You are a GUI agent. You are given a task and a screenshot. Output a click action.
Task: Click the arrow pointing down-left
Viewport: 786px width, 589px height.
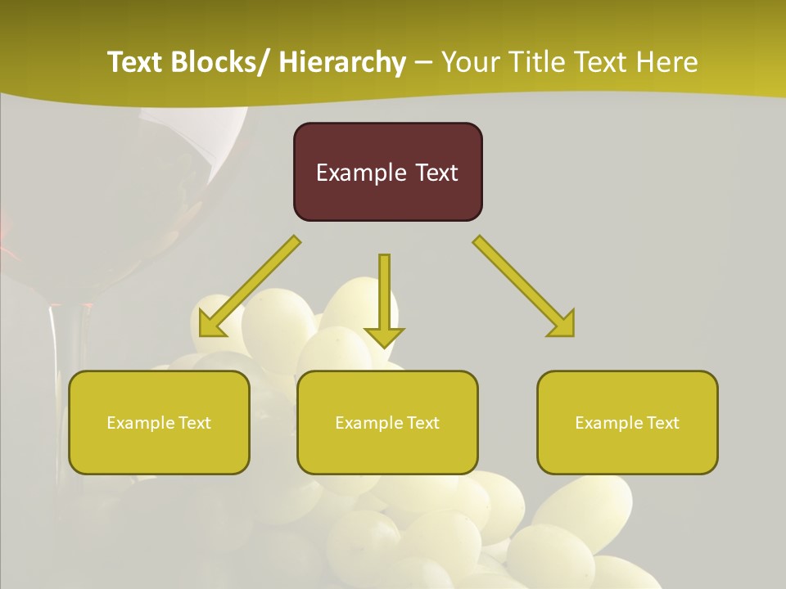pyautogui.click(x=249, y=286)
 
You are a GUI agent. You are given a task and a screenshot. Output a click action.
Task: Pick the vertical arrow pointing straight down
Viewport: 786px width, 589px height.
pyautogui.click(x=384, y=299)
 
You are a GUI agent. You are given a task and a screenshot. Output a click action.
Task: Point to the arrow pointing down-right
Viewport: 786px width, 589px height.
pyautogui.click(x=524, y=286)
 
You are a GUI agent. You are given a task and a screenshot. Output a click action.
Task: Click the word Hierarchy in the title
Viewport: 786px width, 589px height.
pyautogui.click(x=342, y=62)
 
